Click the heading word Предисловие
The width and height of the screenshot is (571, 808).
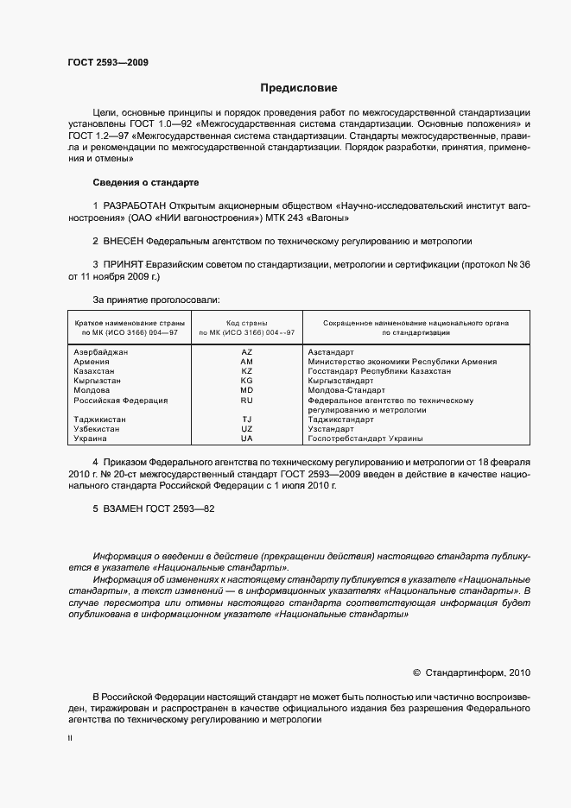299,88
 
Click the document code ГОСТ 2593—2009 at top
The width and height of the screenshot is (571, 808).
106,62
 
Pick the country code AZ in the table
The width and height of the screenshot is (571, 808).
246,352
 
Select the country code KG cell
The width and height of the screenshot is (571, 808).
246,381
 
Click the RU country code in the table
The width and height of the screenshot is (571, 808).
246,400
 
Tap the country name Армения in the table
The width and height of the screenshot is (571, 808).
91,362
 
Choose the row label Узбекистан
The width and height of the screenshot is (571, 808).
98,429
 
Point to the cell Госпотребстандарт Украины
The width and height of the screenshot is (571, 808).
366,439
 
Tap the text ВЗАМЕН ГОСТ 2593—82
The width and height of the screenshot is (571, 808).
153,509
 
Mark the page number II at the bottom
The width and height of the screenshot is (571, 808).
70,739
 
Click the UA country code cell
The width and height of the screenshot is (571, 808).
246,439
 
